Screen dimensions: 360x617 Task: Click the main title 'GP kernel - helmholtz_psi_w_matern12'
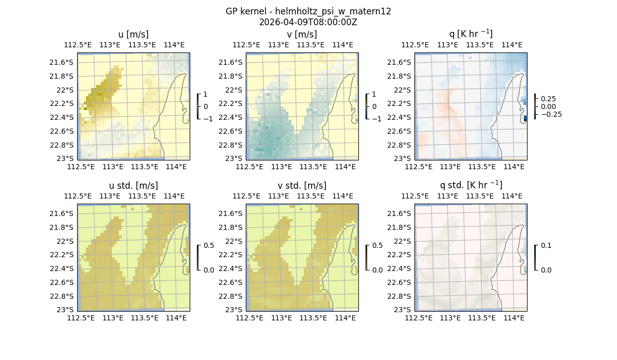pyautogui.click(x=308, y=11)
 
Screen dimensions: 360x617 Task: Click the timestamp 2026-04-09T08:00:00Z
pyautogui.click(x=308, y=22)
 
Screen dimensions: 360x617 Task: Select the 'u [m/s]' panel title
pyautogui.click(x=133, y=34)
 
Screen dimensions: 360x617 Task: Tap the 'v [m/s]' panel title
pyautogui.click(x=302, y=34)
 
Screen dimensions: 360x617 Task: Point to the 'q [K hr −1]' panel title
pyautogui.click(x=470, y=34)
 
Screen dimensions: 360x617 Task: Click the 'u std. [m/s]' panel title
pyautogui.click(x=133, y=186)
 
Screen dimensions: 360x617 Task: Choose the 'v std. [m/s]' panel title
pyautogui.click(x=302, y=186)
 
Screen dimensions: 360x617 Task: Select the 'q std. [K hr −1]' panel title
pyautogui.click(x=470, y=185)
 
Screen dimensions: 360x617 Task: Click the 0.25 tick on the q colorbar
pyautogui.click(x=548, y=99)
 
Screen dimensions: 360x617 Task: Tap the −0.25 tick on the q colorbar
pyautogui.click(x=551, y=114)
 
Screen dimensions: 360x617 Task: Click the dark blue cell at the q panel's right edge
pyautogui.click(x=525, y=118)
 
